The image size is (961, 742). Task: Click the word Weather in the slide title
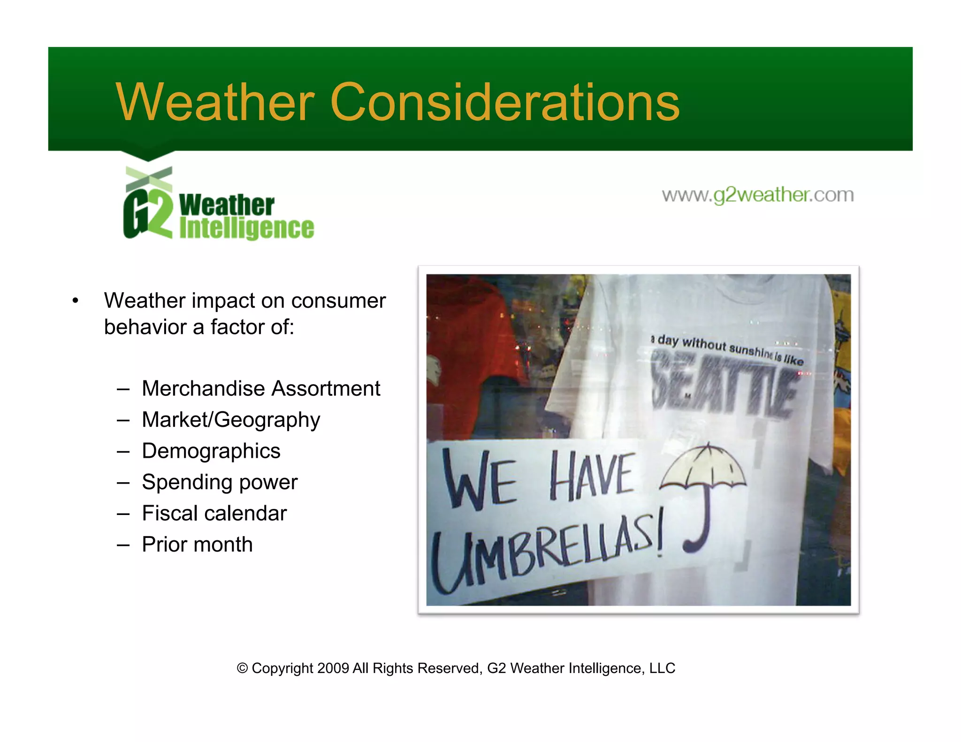215,102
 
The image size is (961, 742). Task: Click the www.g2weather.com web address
757,195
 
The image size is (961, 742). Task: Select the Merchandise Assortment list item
261,388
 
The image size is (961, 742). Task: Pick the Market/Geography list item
231,420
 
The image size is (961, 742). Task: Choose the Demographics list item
211,451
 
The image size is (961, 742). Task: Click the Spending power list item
220,482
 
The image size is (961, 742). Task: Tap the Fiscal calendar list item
214,513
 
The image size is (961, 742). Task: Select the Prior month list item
197,545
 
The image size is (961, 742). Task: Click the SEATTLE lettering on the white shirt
723,389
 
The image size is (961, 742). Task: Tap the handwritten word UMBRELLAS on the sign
544,551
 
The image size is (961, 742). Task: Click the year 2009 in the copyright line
333,668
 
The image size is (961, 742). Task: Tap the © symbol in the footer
242,668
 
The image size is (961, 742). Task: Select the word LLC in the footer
662,668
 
